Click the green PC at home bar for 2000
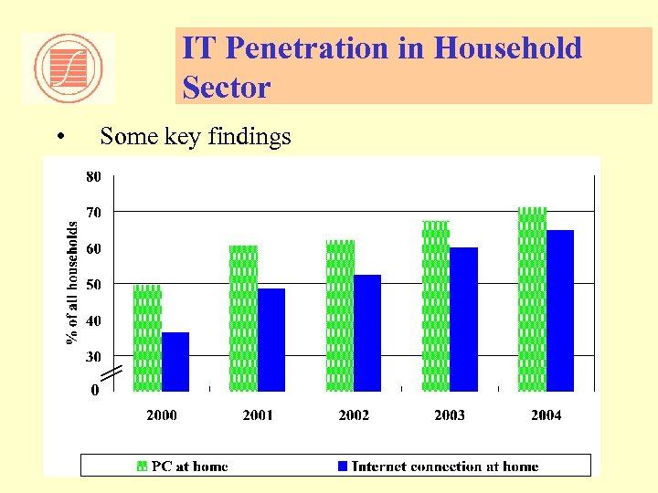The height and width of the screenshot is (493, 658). tap(147, 338)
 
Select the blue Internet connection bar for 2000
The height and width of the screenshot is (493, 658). tap(175, 362)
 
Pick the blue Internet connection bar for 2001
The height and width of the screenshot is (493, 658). tap(271, 340)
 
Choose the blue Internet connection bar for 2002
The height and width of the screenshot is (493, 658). tap(367, 333)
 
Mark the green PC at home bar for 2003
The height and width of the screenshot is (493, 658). tap(436, 306)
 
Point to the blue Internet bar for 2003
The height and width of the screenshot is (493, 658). tap(463, 320)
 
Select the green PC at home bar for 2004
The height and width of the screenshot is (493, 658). tap(532, 299)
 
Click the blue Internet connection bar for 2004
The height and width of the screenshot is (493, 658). tap(560, 310)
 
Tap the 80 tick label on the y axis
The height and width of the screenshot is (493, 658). tap(93, 177)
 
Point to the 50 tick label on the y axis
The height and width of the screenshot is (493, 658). tap(93, 285)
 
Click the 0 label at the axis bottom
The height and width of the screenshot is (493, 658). tap(95, 391)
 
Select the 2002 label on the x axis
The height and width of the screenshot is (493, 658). tap(354, 415)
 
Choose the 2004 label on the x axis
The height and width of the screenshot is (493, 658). tap(546, 415)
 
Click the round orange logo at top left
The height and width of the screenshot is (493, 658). tap(68, 68)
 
